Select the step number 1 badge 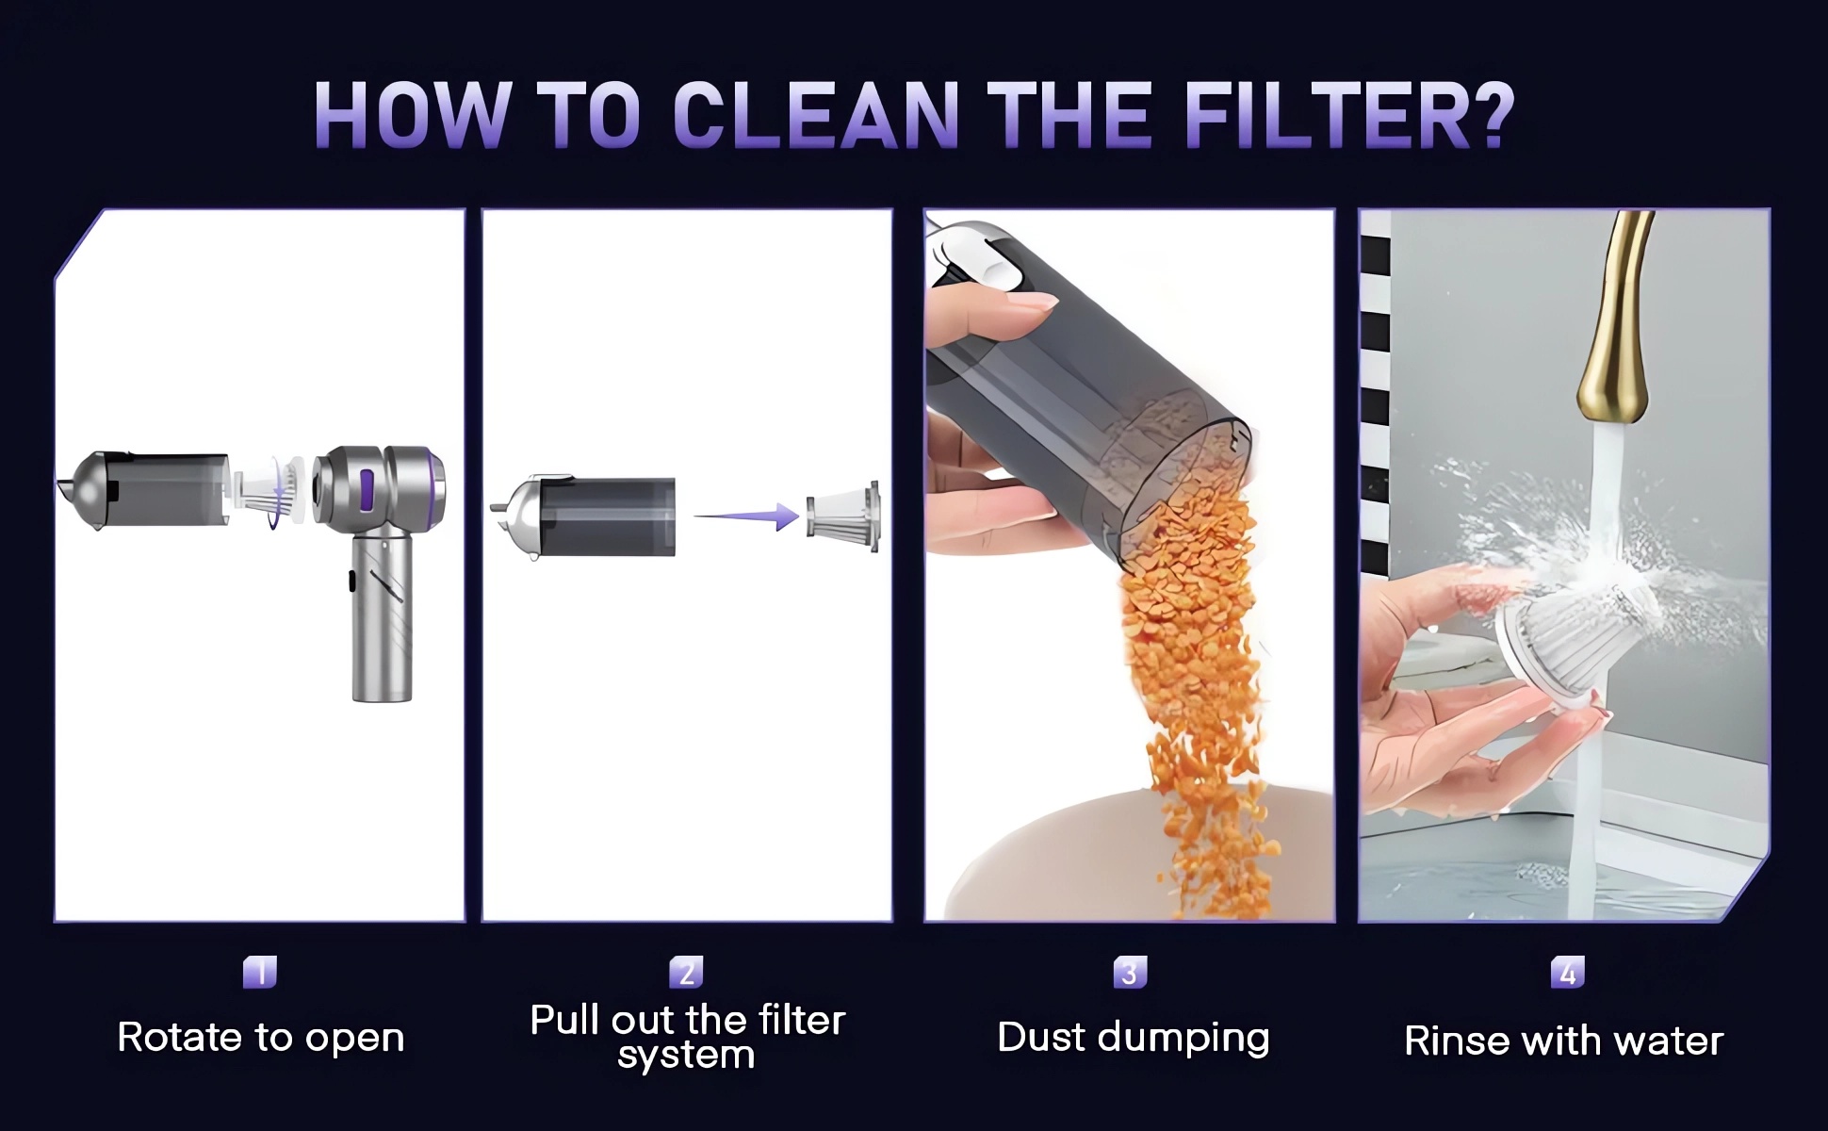(260, 972)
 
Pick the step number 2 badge (687, 972)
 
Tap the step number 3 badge (1130, 972)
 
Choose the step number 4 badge (1568, 972)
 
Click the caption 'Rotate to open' (261, 1038)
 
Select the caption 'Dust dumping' (1134, 1038)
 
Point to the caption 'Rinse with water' (1564, 1041)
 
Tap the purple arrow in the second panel (746, 516)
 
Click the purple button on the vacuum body (367, 491)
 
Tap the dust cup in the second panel (584, 516)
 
